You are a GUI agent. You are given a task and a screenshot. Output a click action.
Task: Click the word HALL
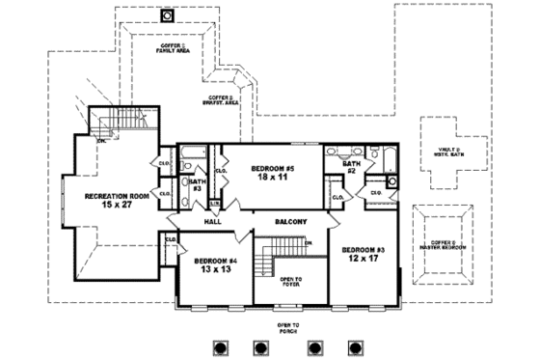coord(214,221)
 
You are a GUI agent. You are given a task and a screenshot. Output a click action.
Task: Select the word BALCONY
coord(290,221)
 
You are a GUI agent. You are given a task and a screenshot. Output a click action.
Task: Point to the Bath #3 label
coord(197,184)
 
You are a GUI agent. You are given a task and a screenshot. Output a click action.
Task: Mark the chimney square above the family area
coord(167,15)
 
